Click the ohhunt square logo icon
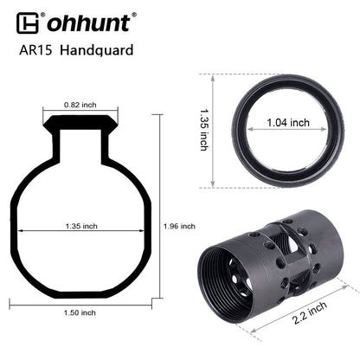click(x=28, y=23)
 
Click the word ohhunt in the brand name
click(x=88, y=23)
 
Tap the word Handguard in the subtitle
click(x=97, y=50)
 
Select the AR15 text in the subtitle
click(x=35, y=50)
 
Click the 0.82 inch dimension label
click(x=80, y=105)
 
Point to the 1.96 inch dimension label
click(x=179, y=226)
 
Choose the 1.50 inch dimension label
click(x=80, y=312)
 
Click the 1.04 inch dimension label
click(x=288, y=123)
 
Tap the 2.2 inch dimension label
click(x=309, y=312)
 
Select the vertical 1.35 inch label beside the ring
click(x=204, y=130)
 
